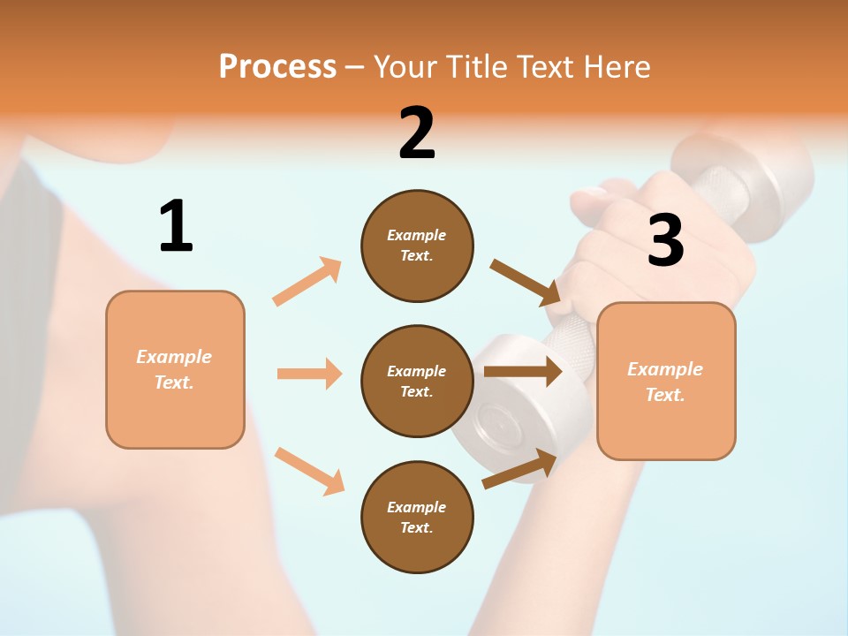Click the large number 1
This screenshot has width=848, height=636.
pyautogui.click(x=176, y=226)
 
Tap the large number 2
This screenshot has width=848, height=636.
pyautogui.click(x=417, y=133)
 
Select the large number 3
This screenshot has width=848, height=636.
pyautogui.click(x=665, y=240)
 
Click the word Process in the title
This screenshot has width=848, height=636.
pyautogui.click(x=277, y=66)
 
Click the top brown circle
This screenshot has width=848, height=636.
pyautogui.click(x=417, y=246)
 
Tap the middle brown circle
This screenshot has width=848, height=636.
pyautogui.click(x=417, y=381)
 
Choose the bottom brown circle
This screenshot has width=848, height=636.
pyautogui.click(x=417, y=517)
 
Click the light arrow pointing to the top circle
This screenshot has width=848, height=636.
pyautogui.click(x=307, y=282)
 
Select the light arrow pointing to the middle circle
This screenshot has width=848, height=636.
pyautogui.click(x=309, y=374)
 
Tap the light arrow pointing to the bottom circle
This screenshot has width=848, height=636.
pyautogui.click(x=309, y=471)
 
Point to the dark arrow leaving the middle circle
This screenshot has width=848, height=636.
pyautogui.click(x=523, y=371)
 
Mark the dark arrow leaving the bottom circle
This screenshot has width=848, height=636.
pyautogui.click(x=519, y=469)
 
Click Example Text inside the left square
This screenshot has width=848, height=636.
pyautogui.click(x=175, y=369)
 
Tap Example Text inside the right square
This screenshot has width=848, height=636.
pyautogui.click(x=666, y=382)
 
